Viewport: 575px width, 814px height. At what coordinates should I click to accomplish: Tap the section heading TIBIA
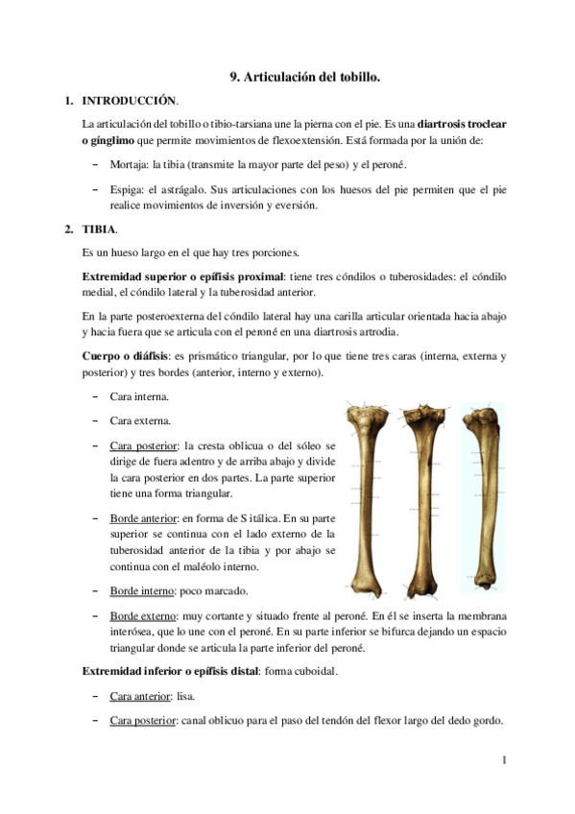(x=101, y=229)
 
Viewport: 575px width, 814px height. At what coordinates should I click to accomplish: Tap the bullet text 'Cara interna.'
(x=140, y=395)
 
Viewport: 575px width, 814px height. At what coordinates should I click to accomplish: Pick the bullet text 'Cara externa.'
(x=140, y=420)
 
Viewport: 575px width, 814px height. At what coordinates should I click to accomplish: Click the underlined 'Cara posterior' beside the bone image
(x=143, y=445)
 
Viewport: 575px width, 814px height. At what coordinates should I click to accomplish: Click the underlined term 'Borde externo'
(x=143, y=614)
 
